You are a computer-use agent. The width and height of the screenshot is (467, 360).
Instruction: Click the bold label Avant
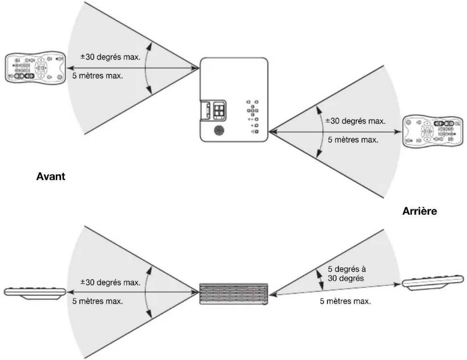[x=51, y=176]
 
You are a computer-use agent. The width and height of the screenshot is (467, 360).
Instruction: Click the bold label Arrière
[x=420, y=211]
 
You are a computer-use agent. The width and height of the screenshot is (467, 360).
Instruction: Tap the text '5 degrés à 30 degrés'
[x=346, y=274]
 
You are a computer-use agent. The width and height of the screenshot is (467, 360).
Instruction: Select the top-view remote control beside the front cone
[x=36, y=68]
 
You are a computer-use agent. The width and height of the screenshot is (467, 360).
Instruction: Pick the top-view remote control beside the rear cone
[x=432, y=132]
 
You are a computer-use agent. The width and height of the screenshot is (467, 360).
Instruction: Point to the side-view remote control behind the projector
[x=432, y=282]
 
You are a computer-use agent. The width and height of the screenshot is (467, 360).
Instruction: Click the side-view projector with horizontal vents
[x=233, y=294]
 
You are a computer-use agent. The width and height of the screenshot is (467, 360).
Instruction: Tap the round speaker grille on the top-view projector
[x=219, y=130]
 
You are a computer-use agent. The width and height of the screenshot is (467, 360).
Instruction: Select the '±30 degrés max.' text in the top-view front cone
[x=110, y=57]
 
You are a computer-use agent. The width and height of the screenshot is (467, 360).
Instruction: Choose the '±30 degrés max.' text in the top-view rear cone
[x=355, y=121]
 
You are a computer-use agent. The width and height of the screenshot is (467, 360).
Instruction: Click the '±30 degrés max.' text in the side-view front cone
[x=110, y=282]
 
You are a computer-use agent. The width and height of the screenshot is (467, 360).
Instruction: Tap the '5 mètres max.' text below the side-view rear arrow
[x=345, y=301]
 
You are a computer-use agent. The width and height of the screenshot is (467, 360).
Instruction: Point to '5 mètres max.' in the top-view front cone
[x=98, y=76]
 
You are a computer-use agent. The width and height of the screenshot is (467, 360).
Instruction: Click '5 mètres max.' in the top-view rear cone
[x=353, y=140]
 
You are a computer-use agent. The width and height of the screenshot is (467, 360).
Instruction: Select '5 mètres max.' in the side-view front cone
[x=98, y=301]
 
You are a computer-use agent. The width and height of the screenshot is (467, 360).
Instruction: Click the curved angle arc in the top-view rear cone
[x=323, y=132]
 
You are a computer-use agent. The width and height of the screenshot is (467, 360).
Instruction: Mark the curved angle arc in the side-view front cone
[x=145, y=292]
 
